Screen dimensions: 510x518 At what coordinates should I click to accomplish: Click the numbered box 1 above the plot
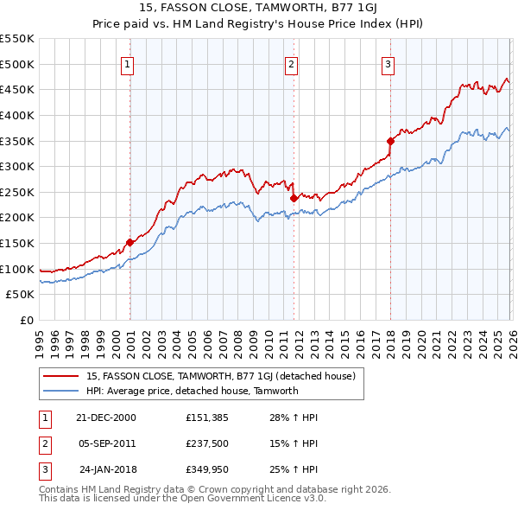tap(127, 64)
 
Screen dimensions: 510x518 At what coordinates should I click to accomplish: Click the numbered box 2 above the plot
tap(291, 64)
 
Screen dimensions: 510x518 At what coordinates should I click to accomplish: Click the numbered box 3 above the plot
tap(388, 64)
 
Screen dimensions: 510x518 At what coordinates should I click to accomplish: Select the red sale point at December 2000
tap(130, 243)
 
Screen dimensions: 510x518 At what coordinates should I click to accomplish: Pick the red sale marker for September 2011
tap(294, 198)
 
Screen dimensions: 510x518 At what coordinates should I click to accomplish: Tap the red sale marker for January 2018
tap(390, 141)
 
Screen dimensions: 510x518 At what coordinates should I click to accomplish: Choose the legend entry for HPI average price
tap(192, 391)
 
